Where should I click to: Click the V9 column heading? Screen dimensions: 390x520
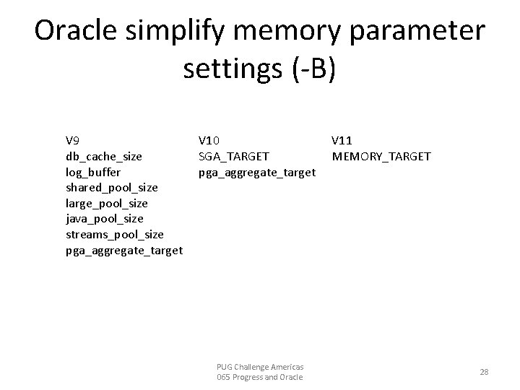click(73, 140)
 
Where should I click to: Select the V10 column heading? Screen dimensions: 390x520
click(209, 140)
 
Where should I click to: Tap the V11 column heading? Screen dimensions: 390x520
click(342, 140)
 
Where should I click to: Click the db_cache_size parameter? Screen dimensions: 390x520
click(103, 156)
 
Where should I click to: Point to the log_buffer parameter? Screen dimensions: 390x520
click(93, 172)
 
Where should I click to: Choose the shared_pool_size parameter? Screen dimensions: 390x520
click(111, 188)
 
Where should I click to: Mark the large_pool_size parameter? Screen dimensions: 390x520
click(106, 203)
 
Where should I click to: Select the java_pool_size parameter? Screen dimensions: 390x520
click(104, 219)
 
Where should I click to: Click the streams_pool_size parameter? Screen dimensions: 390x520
click(114, 235)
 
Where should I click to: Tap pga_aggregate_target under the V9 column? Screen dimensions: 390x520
click(123, 251)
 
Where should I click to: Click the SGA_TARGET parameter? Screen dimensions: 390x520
click(233, 156)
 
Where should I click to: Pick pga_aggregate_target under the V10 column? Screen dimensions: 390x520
click(256, 172)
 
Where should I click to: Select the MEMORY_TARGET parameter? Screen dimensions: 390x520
click(381, 156)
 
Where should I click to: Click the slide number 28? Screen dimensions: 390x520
click(484, 372)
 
